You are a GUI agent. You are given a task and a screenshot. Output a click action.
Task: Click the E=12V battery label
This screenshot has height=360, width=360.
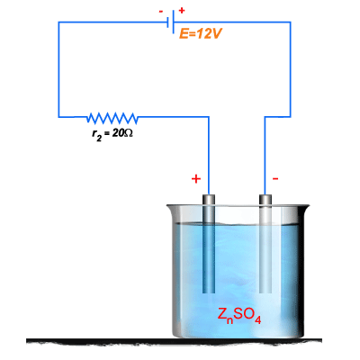click(200, 34)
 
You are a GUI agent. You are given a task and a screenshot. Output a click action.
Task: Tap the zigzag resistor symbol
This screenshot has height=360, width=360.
click(112, 118)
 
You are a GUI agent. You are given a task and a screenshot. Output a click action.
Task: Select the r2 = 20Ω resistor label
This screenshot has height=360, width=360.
click(112, 134)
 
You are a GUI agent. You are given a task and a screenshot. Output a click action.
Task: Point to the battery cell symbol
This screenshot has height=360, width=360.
click(171, 22)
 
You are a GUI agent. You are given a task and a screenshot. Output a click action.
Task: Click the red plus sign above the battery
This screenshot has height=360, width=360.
click(182, 10)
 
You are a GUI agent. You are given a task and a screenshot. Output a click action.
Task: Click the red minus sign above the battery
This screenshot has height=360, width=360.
click(161, 12)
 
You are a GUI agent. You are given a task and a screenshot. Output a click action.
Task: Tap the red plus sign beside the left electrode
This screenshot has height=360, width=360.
click(196, 179)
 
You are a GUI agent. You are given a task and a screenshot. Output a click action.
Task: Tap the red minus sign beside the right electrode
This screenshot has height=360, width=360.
click(275, 179)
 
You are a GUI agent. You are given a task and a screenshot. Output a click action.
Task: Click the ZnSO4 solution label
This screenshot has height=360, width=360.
click(239, 316)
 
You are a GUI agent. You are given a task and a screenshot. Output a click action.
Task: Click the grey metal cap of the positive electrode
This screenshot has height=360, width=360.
click(209, 200)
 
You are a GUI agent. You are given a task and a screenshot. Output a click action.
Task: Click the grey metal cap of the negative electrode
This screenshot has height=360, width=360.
click(265, 200)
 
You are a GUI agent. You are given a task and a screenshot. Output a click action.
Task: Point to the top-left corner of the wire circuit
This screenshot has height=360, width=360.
click(58, 22)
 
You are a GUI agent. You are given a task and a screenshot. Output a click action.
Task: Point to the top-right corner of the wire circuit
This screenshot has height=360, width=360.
click(291, 22)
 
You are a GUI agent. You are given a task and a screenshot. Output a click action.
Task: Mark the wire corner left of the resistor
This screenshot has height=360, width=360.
click(58, 116)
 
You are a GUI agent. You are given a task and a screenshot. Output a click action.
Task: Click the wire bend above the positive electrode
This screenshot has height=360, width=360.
click(209, 116)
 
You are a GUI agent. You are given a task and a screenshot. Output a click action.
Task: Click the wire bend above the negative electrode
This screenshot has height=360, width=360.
click(265, 116)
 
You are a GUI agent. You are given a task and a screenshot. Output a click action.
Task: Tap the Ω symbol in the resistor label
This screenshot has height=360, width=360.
click(129, 133)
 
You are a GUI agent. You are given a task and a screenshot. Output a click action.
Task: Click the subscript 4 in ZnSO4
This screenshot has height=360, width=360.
click(257, 320)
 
